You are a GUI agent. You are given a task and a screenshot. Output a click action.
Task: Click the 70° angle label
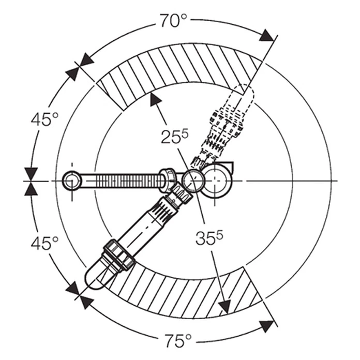(173, 21)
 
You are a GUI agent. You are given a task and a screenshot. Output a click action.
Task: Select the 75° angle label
(178, 341)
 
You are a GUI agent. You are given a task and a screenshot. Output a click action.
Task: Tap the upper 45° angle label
(45, 119)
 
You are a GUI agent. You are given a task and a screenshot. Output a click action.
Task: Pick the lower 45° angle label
(45, 244)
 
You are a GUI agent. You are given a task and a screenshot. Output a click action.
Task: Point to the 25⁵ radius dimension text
(175, 137)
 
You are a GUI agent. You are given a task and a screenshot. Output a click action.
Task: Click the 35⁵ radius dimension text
(209, 237)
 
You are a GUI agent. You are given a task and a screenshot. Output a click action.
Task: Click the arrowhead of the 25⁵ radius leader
(155, 99)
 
